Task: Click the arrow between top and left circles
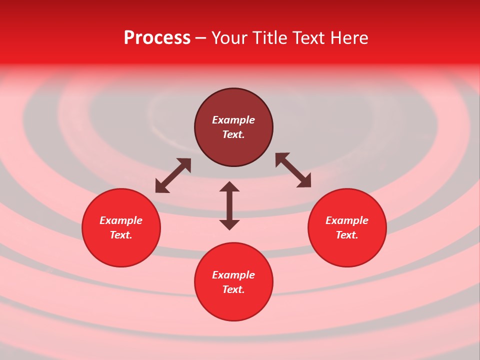tap(173, 175)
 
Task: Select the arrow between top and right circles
tap(293, 170)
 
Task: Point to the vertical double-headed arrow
tap(229, 205)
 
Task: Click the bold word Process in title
tap(157, 38)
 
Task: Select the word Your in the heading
tap(229, 38)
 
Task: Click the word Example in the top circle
tap(233, 120)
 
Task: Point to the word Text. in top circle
tap(233, 134)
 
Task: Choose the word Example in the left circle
tap(121, 220)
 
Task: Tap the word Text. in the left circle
tap(121, 235)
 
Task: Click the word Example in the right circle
tap(347, 220)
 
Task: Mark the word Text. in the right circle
tap(347, 235)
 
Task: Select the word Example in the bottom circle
tap(233, 275)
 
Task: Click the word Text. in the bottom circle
tap(233, 289)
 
